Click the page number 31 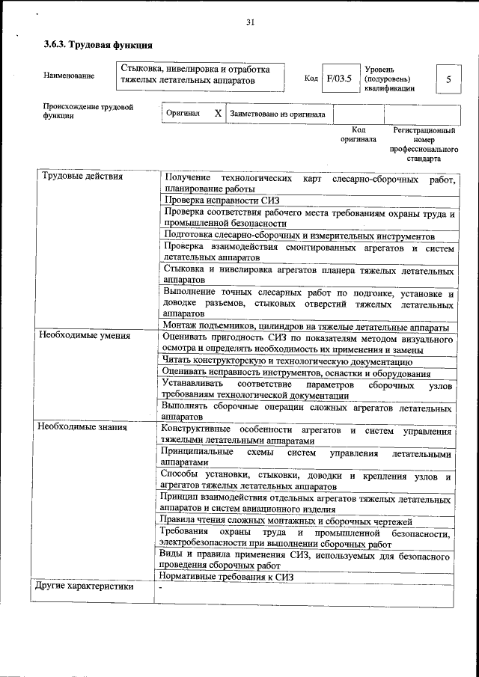251,22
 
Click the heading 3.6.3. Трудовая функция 93,46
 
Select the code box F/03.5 338,79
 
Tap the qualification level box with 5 448,79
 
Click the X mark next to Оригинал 217,114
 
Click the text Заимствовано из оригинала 277,114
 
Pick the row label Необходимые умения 85,336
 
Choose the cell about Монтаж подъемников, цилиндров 305,327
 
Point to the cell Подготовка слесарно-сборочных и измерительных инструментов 299,236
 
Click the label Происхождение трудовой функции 88,111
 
